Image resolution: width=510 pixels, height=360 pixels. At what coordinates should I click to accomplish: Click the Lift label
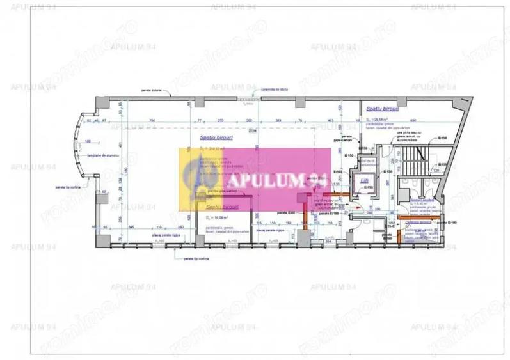pos(364,181)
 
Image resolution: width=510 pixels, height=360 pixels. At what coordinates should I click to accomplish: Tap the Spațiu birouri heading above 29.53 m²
pos(379,109)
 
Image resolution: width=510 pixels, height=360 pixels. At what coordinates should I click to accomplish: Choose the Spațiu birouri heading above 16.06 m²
pos(218,207)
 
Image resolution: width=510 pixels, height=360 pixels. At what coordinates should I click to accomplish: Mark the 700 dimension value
pos(152,120)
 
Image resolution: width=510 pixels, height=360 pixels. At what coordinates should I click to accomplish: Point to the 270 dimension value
pos(220,120)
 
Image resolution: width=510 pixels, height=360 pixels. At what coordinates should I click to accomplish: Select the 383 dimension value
pos(278,120)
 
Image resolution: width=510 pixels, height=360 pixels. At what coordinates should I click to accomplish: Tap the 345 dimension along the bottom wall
pos(131,227)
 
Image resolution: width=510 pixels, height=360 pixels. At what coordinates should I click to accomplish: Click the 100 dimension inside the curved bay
pos(87,141)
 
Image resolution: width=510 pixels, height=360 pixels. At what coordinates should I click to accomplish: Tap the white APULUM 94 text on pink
pos(271,180)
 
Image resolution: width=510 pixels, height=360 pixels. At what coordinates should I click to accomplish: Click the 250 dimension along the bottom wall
pos(181,227)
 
